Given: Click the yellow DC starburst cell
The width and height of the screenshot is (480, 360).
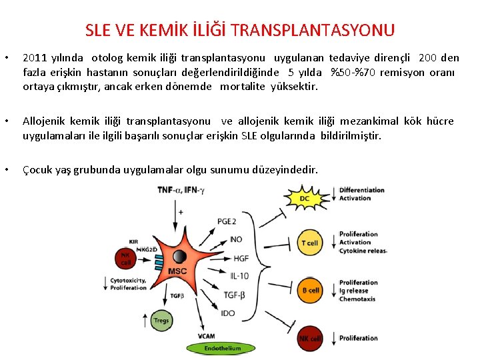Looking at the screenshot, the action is pyautogui.click(x=305, y=198).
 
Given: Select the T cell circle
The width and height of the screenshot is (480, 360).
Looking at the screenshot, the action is pyautogui.click(x=309, y=243).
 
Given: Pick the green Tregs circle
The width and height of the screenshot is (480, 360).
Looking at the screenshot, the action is pyautogui.click(x=161, y=321).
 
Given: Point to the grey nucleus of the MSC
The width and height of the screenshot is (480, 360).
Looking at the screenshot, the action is pyautogui.click(x=179, y=257).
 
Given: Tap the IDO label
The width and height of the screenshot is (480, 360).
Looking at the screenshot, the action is pyautogui.click(x=228, y=313).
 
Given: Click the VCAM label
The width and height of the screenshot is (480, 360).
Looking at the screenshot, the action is pyautogui.click(x=207, y=335).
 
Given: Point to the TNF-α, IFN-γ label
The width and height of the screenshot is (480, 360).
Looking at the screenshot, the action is pyautogui.click(x=181, y=190).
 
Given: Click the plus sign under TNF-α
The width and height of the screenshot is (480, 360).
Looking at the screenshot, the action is pyautogui.click(x=181, y=211).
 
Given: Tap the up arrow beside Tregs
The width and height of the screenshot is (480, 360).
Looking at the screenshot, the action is pyautogui.click(x=145, y=321).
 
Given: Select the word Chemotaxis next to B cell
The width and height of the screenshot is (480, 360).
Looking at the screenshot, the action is pyautogui.click(x=357, y=299).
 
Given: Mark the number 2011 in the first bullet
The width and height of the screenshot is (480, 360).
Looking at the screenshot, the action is pyautogui.click(x=34, y=58).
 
